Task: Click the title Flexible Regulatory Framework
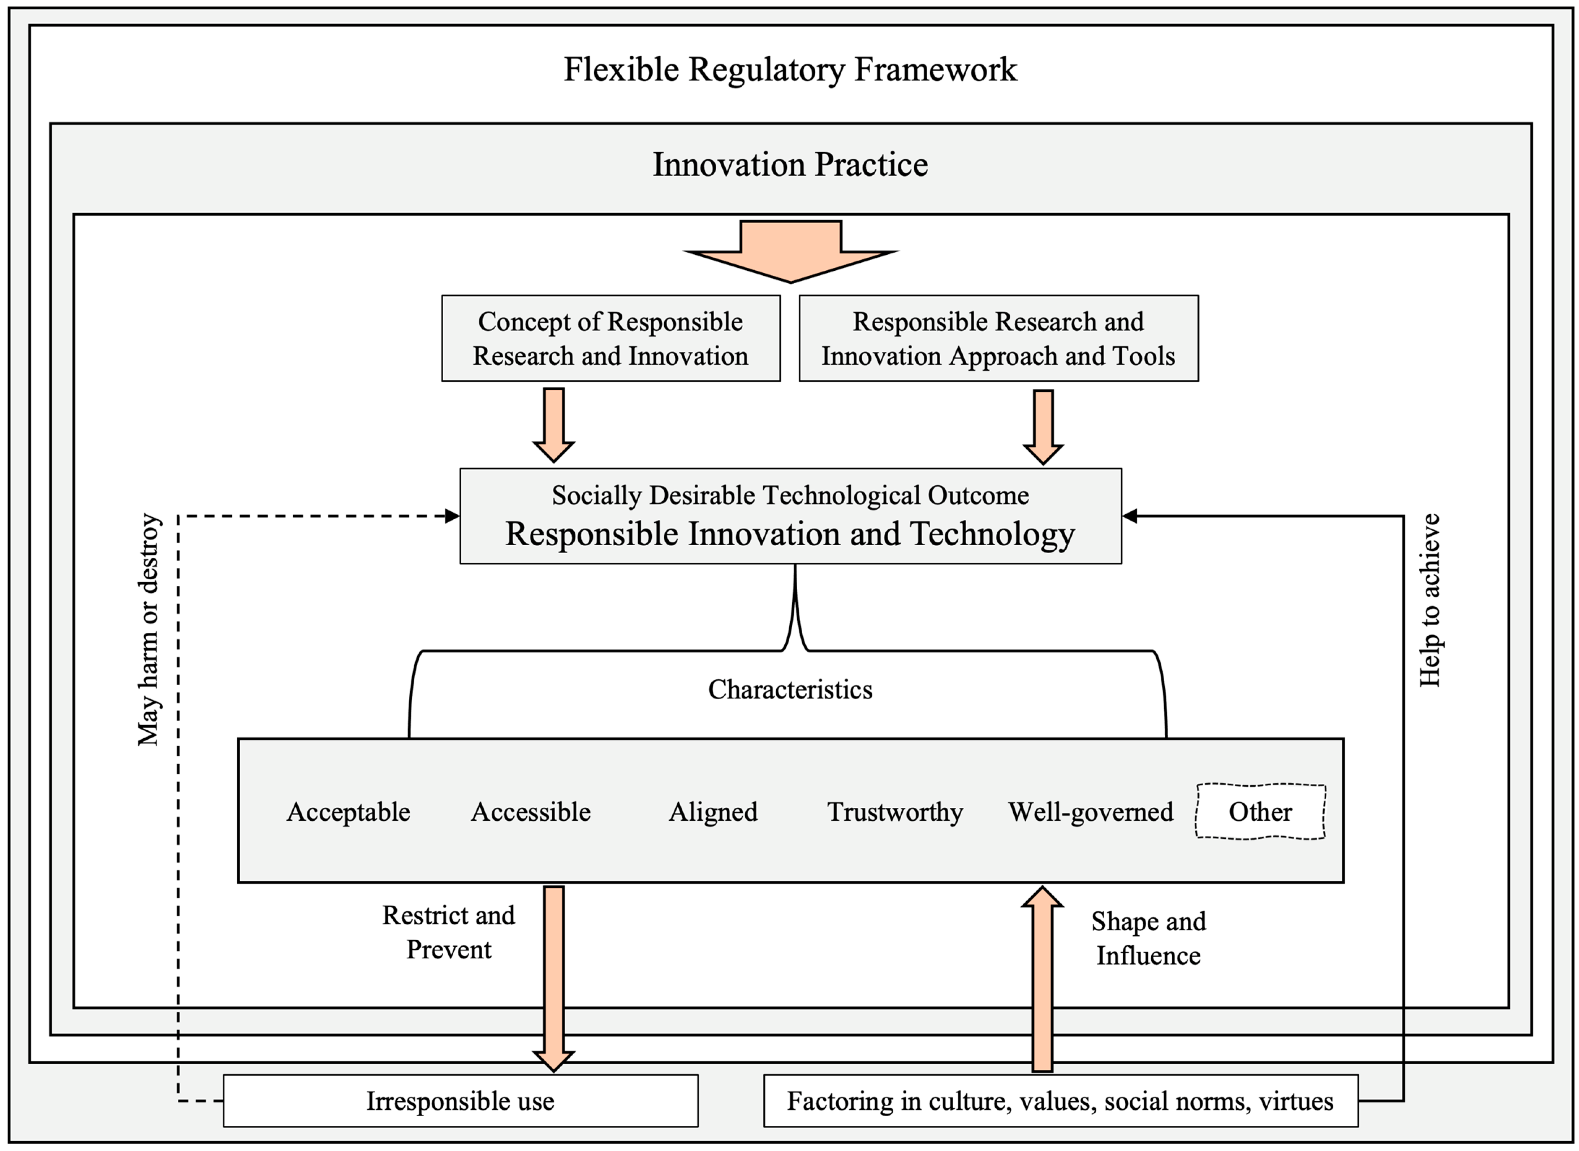[x=790, y=70]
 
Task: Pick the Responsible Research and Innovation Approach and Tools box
[x=998, y=339]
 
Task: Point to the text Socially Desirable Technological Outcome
[x=790, y=495]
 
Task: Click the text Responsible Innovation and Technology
[x=790, y=534]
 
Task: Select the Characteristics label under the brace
[x=790, y=690]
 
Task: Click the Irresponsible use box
[x=460, y=1101]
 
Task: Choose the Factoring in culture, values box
[x=1060, y=1101]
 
